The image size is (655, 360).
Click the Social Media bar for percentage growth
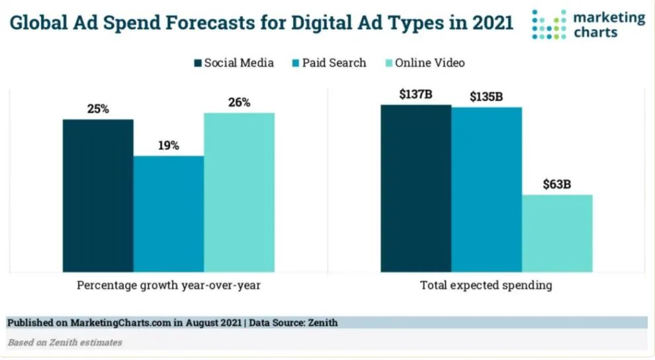click(98, 195)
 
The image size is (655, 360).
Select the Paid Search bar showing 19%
click(169, 213)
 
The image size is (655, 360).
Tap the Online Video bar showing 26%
click(239, 192)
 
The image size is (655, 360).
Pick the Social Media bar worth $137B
click(415, 188)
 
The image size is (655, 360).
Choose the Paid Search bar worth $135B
click(486, 189)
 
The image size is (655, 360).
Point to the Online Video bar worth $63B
click(557, 233)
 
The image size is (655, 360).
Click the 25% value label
click(98, 109)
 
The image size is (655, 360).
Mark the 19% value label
click(168, 146)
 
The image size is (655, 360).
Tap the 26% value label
click(240, 103)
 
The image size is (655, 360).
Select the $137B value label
click(415, 95)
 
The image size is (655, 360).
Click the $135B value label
click(486, 97)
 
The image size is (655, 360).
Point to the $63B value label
click(557, 184)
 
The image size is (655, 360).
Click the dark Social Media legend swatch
click(198, 64)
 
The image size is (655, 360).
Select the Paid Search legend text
click(334, 64)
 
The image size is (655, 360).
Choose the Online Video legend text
click(430, 64)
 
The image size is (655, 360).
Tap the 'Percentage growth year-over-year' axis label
click(169, 286)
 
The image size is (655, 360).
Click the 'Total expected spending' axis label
click(486, 286)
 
